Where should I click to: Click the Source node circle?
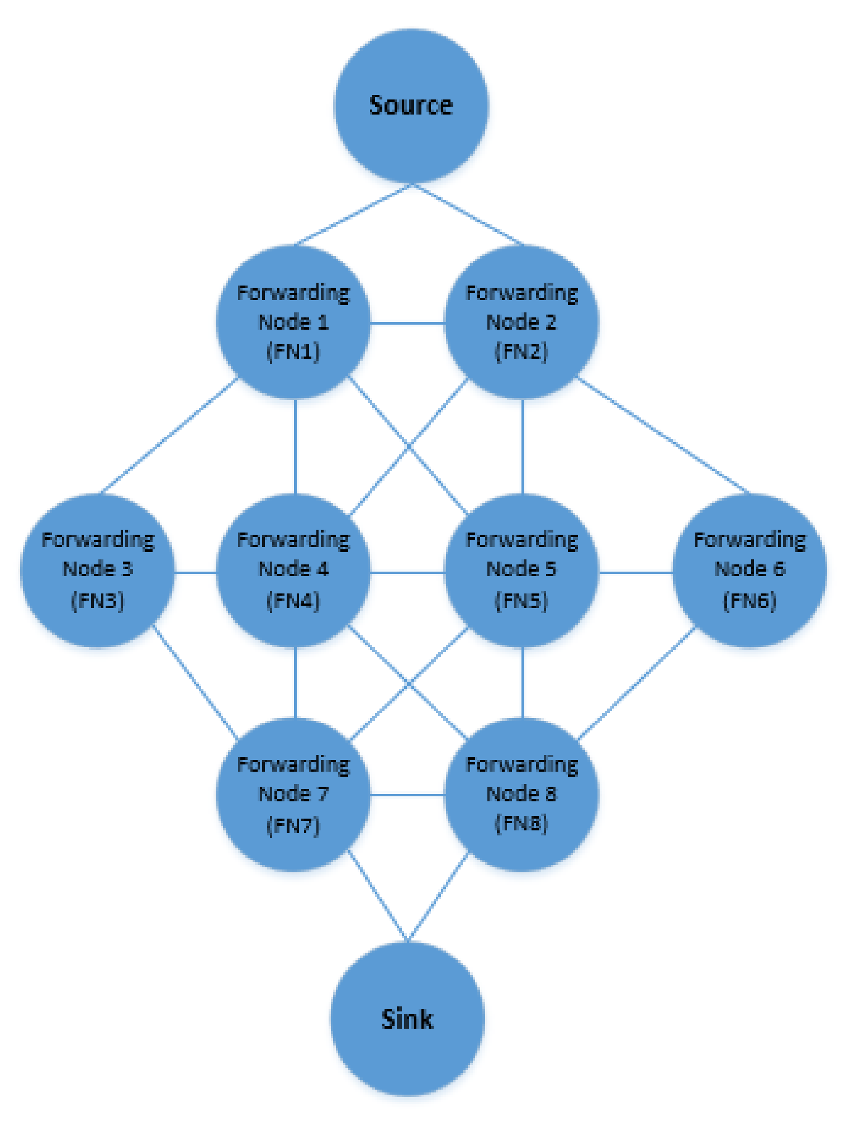coord(411,106)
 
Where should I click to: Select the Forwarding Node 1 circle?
coord(294,322)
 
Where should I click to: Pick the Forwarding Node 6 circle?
coord(749,571)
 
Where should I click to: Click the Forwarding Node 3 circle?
coord(98,571)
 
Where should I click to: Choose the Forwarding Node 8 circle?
coord(522,795)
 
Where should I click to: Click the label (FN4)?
coord(293,601)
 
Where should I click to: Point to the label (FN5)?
coord(521,601)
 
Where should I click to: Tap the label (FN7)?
coord(293,825)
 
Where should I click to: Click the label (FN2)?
coord(521,351)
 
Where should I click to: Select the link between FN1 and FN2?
coord(408,322)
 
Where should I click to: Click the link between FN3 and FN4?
coord(196,572)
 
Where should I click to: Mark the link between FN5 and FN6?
coord(635,572)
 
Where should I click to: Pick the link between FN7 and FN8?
coord(408,795)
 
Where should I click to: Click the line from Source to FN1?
coord(353,215)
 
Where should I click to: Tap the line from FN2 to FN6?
coord(663,436)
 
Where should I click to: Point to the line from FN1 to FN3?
coord(169,436)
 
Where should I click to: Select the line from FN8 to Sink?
coord(438,898)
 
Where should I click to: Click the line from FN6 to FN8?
coord(637,683)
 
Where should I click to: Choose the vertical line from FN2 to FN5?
coord(523,447)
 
